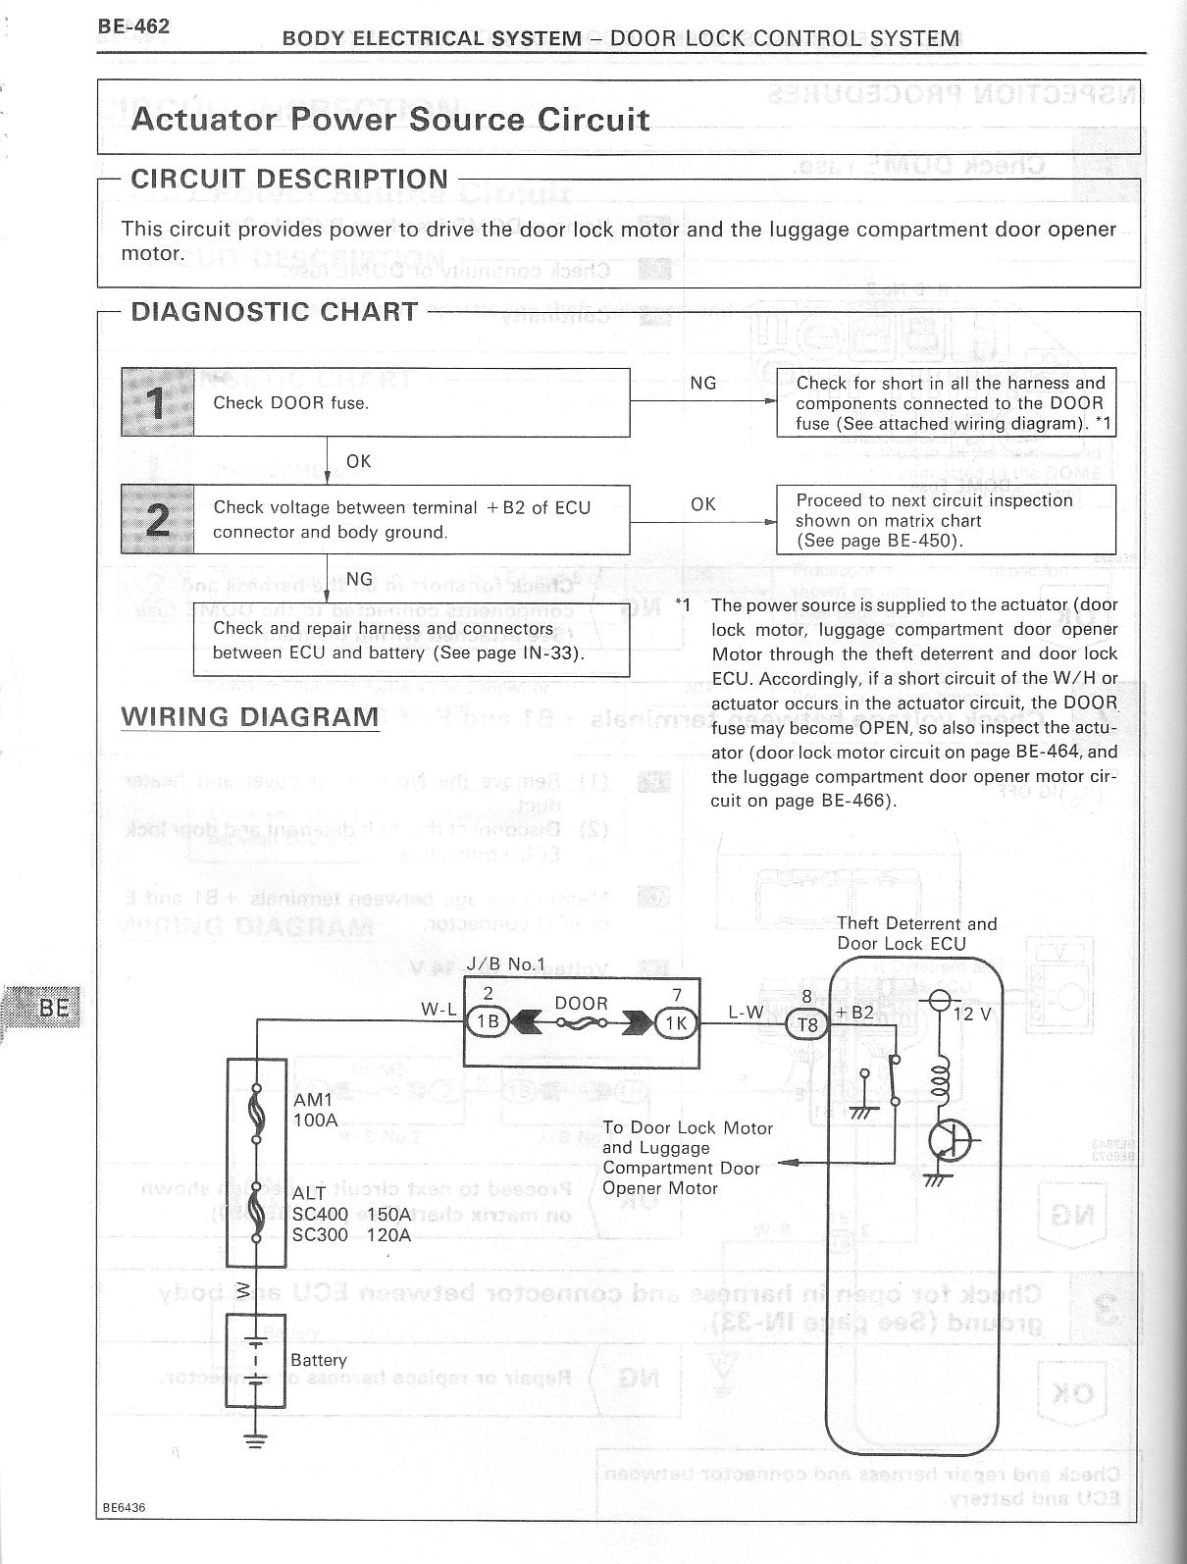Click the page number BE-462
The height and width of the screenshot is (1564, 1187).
(x=133, y=26)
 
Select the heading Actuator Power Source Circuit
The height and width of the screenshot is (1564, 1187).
(x=389, y=119)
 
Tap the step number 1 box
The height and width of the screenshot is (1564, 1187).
(x=158, y=402)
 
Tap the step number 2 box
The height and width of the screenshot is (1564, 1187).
(x=158, y=519)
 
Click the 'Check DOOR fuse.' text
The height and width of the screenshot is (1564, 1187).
(x=291, y=403)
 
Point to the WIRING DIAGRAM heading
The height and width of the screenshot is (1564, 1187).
(x=250, y=716)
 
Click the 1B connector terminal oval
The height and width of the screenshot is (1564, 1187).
(x=487, y=1021)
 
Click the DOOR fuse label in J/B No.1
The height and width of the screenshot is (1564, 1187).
(x=581, y=1003)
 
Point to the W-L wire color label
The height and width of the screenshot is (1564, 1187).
(x=439, y=1009)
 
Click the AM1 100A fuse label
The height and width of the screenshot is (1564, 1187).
(x=314, y=1110)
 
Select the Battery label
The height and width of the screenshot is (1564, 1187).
(x=319, y=1360)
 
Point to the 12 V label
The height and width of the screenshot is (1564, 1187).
(x=972, y=1014)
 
